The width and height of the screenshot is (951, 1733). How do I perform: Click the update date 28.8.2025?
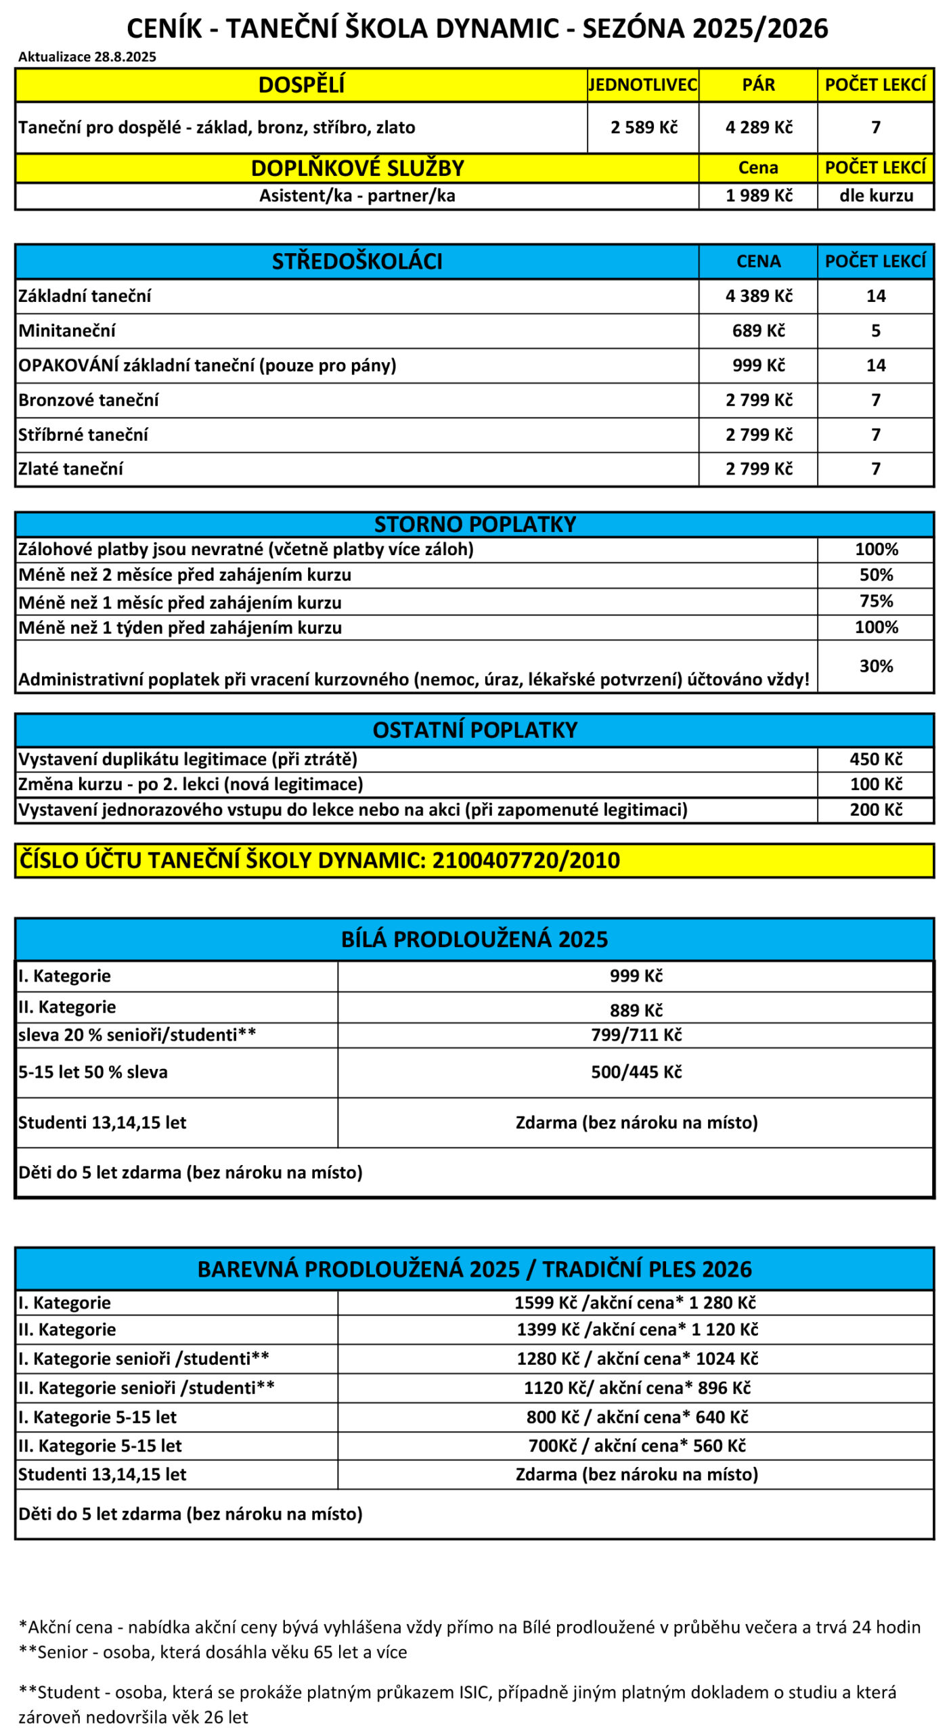tap(125, 57)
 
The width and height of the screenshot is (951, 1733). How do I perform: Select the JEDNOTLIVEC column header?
tap(642, 85)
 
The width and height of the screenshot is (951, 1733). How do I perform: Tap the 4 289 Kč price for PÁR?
tap(758, 127)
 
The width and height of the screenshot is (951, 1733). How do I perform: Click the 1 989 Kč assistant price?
tap(758, 196)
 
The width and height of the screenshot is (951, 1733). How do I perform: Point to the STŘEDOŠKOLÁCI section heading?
tap(357, 261)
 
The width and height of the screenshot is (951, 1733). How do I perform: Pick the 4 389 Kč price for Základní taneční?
tap(758, 296)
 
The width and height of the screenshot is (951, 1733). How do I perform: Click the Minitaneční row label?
tap(67, 330)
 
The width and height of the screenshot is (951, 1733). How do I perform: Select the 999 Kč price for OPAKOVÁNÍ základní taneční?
tap(758, 366)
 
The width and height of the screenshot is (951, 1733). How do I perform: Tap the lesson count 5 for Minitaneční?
tap(875, 330)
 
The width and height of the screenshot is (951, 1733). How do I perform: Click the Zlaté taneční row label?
tap(71, 468)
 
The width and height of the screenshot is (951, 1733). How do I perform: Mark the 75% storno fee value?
tap(876, 601)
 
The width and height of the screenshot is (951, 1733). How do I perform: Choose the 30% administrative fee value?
tap(876, 666)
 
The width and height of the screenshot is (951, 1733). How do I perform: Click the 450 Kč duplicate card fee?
tap(876, 759)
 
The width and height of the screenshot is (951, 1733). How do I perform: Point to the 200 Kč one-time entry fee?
tap(876, 810)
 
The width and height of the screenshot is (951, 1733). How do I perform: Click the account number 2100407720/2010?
tap(526, 860)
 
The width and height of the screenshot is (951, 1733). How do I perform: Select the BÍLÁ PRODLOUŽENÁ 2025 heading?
tap(474, 940)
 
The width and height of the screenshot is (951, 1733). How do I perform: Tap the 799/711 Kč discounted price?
tap(636, 1034)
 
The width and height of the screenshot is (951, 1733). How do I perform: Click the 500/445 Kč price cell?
tap(636, 1072)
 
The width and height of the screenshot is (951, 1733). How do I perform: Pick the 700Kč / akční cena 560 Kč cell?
tap(636, 1445)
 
